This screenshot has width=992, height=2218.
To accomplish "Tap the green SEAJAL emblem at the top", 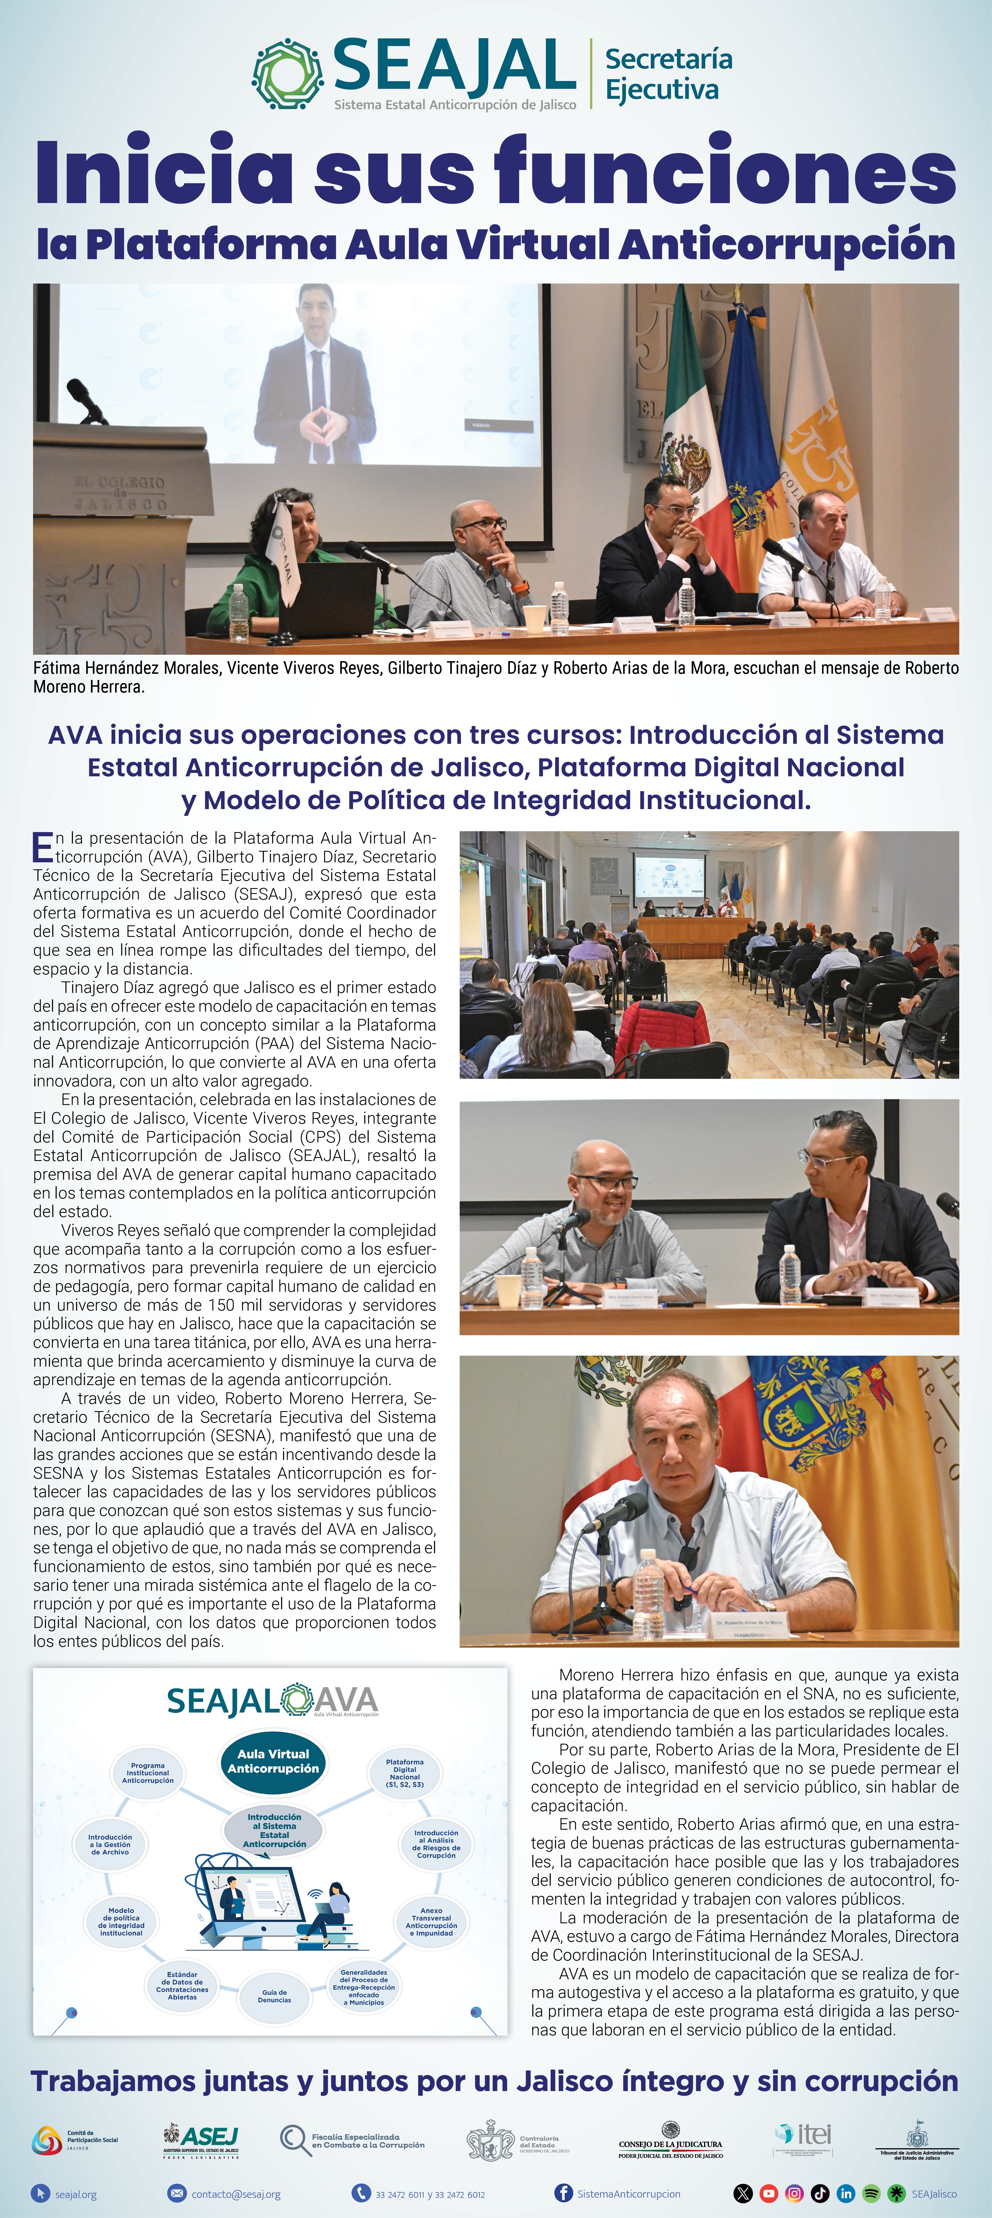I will coord(288,74).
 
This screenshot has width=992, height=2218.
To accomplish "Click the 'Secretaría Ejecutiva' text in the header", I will coord(668,74).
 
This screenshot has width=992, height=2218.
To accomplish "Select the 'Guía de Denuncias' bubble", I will coord(275,1996).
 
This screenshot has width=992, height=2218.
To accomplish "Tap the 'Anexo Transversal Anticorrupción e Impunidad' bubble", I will coord(431,1921).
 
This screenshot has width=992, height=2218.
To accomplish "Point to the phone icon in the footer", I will coord(361,2193).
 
